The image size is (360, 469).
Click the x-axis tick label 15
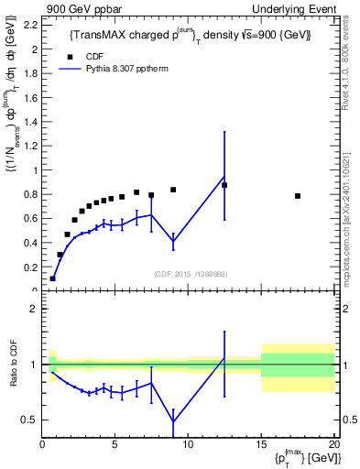click(x=260, y=445)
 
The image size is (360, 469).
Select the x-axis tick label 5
click(x=115, y=445)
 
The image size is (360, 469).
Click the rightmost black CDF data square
click(x=298, y=196)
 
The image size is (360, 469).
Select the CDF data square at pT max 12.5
click(x=224, y=185)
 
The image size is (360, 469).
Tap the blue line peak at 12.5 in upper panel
click(x=224, y=177)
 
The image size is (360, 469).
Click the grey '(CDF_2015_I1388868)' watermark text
click(x=189, y=275)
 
